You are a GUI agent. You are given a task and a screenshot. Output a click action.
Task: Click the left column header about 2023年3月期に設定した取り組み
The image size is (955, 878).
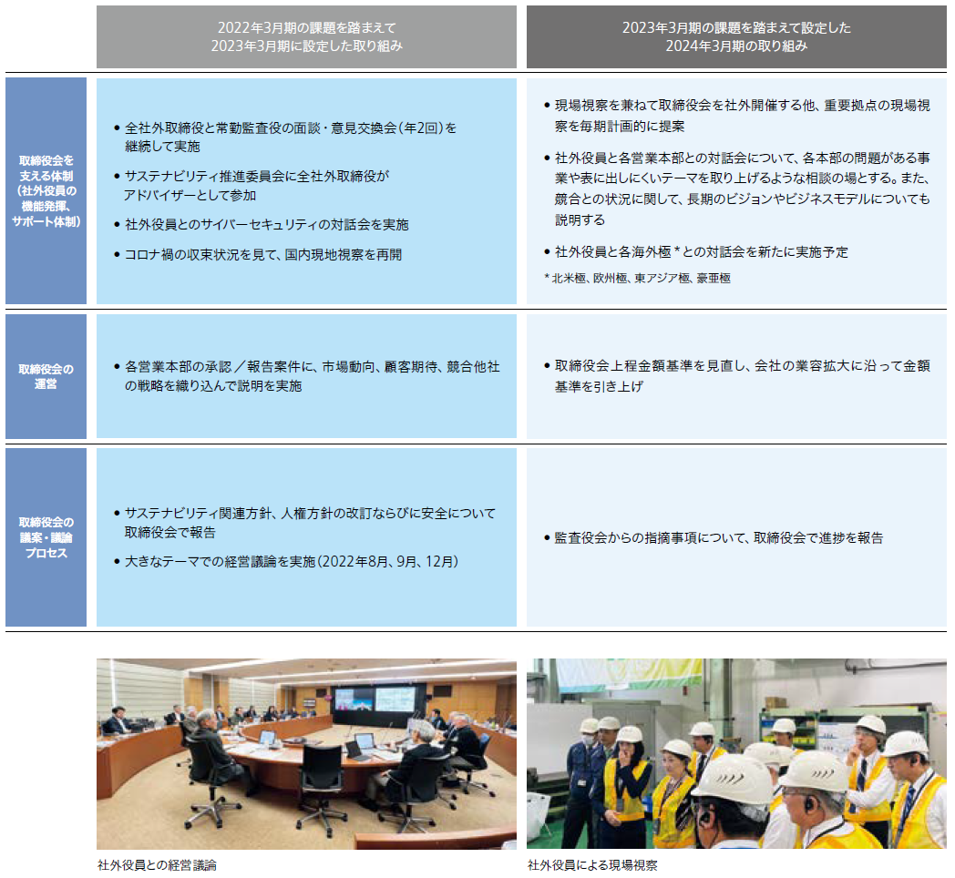pos(306,36)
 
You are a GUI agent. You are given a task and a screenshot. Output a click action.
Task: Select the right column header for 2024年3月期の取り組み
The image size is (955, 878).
pos(736,36)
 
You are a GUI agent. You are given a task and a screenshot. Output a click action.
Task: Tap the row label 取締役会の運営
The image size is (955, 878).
pos(46,376)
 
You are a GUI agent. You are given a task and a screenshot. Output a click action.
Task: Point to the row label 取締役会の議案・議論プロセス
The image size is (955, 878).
pos(46,537)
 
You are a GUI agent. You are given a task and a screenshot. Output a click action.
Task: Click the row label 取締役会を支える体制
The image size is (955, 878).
pos(46,190)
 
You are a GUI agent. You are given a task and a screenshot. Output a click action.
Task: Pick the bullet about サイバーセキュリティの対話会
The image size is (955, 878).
pos(262,225)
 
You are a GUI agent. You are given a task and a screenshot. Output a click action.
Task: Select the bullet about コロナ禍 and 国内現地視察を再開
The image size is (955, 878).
pos(258,254)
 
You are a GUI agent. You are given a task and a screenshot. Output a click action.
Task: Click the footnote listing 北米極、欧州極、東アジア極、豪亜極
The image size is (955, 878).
pos(637,279)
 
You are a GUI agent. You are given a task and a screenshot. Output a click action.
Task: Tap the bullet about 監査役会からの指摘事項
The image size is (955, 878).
pos(714,537)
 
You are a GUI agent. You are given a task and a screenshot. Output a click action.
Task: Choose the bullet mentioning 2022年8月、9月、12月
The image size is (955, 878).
pos(286,561)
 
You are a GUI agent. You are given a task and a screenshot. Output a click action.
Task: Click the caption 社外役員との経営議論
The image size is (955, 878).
pos(157,865)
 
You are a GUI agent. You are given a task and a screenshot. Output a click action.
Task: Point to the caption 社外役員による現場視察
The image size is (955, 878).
pos(592,865)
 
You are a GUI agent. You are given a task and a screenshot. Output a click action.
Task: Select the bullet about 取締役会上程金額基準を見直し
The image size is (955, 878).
pos(737,375)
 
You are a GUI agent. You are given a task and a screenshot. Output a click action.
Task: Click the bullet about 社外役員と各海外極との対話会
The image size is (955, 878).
pos(695,252)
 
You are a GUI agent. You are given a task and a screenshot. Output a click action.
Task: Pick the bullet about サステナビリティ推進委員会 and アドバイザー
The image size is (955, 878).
pos(251,186)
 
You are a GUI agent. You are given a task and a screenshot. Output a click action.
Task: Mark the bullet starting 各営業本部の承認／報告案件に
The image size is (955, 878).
pos(306,375)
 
